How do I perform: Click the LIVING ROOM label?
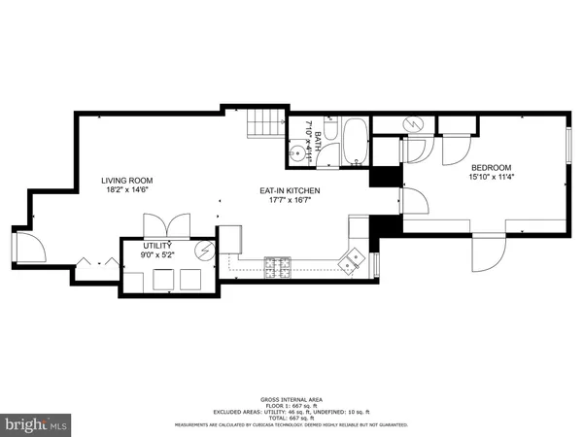point(129,181)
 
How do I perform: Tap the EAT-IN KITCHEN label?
point(289,191)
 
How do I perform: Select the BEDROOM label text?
point(491,166)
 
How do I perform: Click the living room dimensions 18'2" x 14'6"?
point(129,191)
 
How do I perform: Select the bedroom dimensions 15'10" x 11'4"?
point(491,177)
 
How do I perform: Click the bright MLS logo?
point(36,424)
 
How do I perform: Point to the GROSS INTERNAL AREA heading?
point(291,399)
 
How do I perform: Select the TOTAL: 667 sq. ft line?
point(291,417)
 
